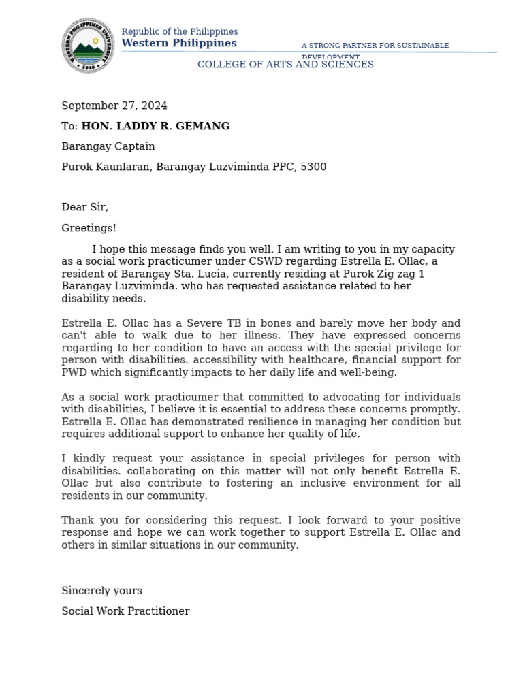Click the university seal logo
[89, 46]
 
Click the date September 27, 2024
[114, 106]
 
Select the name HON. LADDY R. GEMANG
[155, 126]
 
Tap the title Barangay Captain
[108, 146]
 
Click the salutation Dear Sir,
[84, 207]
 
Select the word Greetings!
[89, 228]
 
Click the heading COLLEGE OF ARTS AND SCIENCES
[285, 65]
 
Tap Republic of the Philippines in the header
[180, 32]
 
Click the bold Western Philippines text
[179, 44]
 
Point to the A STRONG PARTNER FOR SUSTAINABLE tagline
[375, 46]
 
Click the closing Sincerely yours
[101, 591]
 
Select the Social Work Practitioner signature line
[125, 611]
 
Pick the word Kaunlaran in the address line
[123, 167]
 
